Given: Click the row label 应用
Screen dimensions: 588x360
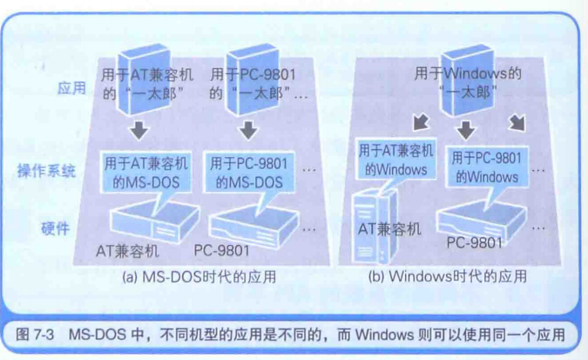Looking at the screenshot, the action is click(71, 88).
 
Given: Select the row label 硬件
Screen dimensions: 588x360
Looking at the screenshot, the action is click(55, 228).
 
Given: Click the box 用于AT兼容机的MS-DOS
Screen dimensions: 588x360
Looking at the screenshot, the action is click(144, 172).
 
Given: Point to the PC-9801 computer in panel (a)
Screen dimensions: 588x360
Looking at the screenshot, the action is click(253, 224).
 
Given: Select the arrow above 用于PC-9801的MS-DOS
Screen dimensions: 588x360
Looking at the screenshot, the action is click(248, 132).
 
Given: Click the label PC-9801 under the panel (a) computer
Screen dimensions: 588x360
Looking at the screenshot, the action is click(221, 251).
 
